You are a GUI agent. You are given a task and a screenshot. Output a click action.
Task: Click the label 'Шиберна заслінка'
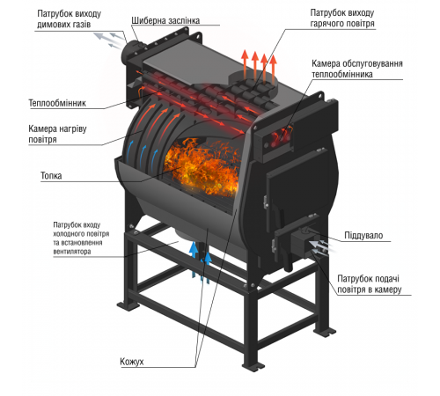(165, 20)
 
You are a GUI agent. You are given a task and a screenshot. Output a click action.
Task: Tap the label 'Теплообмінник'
(57, 103)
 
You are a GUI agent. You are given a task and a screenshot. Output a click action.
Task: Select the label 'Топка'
(51, 176)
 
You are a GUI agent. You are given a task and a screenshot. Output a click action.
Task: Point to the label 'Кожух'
(132, 362)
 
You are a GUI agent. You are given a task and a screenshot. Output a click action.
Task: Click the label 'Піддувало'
(363, 235)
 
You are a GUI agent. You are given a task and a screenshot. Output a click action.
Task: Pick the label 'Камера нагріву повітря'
(57, 134)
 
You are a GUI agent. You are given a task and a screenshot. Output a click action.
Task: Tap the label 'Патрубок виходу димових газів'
(70, 18)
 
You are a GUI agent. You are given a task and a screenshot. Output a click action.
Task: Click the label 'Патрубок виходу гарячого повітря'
(342, 18)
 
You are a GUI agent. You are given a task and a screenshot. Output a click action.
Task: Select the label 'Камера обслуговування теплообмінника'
(357, 69)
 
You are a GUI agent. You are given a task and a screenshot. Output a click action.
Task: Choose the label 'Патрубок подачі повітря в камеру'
(370, 284)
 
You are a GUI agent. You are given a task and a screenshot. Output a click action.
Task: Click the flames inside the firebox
(202, 167)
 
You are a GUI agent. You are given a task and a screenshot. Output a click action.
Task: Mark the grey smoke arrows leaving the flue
(110, 40)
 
